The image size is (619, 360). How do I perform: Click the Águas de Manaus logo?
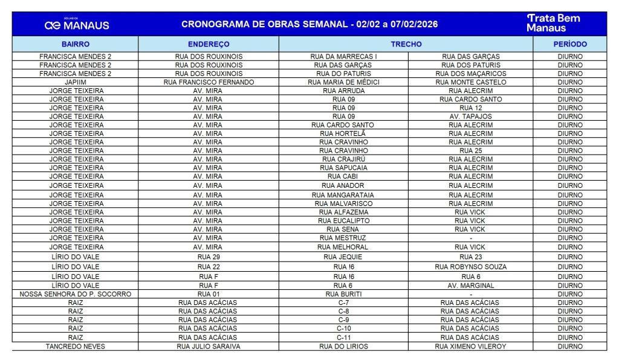coord(77,24)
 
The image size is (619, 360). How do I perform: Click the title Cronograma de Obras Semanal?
coord(309,25)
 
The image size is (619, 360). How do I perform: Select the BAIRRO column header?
coord(76,44)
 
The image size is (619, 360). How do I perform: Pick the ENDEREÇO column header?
coord(209,44)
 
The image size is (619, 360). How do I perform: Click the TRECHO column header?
coord(406,44)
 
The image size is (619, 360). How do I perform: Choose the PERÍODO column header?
coord(570,44)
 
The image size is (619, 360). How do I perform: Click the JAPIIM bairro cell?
coord(76,82)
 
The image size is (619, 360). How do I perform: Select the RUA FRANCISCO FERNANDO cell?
coord(209,82)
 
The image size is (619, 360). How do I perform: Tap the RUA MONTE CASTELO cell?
coord(470,82)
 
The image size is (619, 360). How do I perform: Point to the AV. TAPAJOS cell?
coord(470,117)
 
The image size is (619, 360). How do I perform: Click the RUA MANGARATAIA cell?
coord(343,195)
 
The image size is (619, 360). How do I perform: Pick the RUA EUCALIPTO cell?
coord(343,221)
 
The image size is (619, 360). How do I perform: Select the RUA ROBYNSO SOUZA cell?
coord(470,266)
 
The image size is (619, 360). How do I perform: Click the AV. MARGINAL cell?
coord(470,286)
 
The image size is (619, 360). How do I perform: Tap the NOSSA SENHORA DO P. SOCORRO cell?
coord(76,294)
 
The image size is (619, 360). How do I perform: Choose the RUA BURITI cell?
coord(343,294)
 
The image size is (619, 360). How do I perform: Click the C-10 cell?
coord(343,329)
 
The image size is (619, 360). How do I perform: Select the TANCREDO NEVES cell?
coord(76,346)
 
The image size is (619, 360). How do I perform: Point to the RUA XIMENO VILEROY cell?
coord(470,346)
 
